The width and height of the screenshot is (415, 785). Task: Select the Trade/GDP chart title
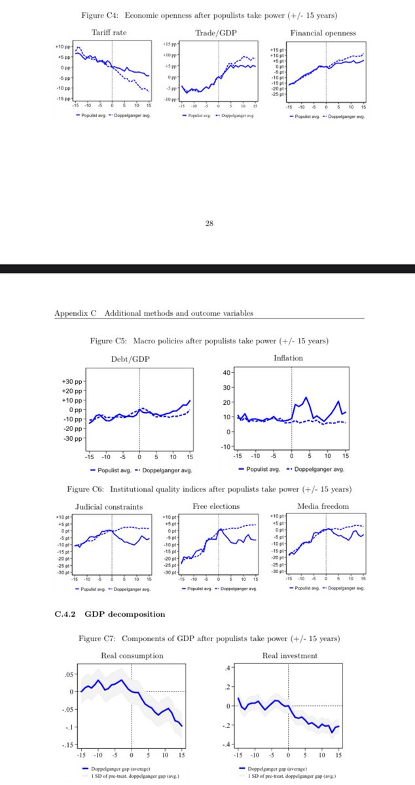point(211,33)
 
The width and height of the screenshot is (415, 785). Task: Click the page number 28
point(209,223)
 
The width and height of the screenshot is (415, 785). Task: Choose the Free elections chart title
point(215,506)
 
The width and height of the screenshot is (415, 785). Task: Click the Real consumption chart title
point(132,655)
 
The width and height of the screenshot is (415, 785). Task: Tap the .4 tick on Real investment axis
point(228,667)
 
